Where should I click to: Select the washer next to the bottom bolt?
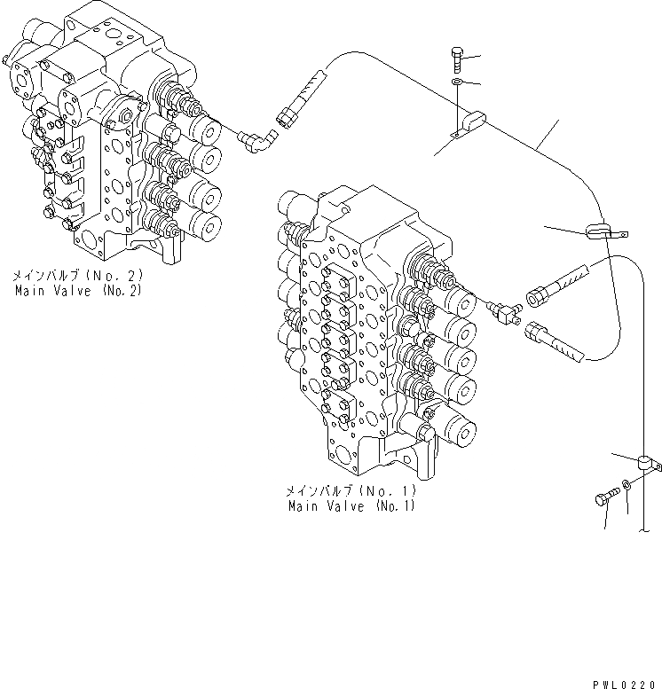[x=625, y=484]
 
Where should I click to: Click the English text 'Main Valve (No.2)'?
[x=78, y=290]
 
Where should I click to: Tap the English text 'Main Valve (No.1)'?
[x=351, y=506]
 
